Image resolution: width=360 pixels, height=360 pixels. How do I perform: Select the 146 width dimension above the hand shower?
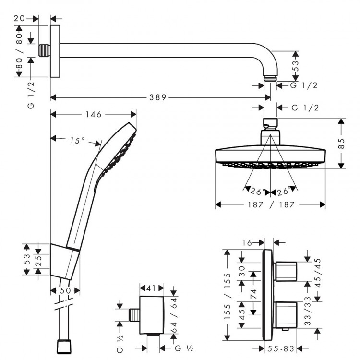click(x=94, y=115)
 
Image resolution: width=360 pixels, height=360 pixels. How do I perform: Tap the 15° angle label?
click(x=77, y=141)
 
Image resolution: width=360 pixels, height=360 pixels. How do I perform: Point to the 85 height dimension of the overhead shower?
click(x=342, y=143)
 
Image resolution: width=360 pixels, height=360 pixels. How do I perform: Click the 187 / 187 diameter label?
click(x=270, y=204)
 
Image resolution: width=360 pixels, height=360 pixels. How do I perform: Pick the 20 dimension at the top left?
click(x=20, y=18)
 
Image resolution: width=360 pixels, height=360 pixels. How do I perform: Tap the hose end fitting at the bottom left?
click(x=64, y=346)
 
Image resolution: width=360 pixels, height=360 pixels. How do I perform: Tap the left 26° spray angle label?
click(x=258, y=192)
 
